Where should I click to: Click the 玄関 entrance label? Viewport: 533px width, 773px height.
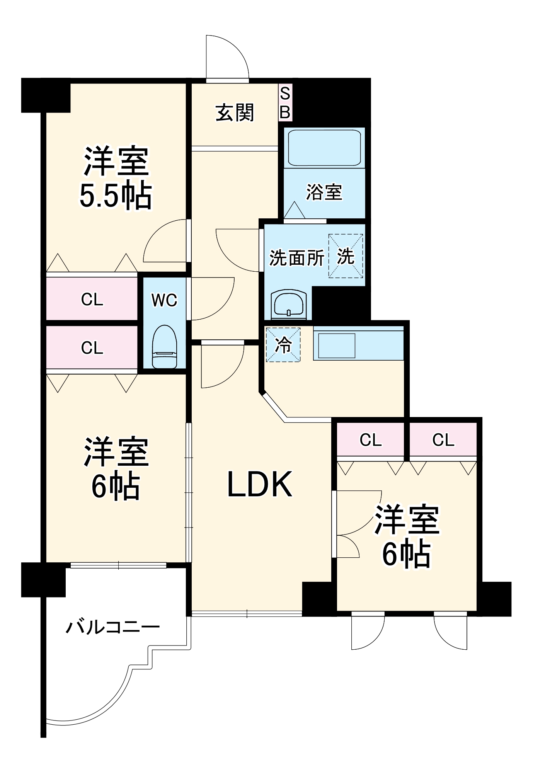235,113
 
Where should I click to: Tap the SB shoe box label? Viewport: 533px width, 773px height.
285,103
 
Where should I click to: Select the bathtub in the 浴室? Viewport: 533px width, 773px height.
324,148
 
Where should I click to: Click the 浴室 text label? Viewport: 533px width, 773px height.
324,192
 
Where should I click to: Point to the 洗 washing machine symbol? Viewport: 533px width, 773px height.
346,256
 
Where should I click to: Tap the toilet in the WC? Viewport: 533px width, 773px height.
165,347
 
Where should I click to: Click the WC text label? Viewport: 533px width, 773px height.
164,300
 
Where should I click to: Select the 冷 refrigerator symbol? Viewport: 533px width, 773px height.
283,345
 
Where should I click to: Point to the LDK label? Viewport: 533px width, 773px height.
259,484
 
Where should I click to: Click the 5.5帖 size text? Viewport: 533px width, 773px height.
116,196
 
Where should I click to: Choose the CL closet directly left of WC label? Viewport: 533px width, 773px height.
92,300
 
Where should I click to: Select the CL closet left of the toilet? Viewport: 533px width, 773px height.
92,348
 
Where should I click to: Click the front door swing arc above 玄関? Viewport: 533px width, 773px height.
228,56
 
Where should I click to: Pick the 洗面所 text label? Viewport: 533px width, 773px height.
296,258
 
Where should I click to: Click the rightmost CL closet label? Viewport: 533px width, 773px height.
443,440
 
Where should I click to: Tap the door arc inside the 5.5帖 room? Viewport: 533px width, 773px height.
164,242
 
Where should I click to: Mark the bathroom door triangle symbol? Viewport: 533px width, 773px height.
295,211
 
